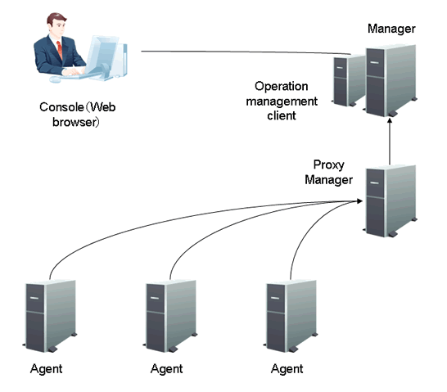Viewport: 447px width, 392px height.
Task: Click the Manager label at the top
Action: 391,29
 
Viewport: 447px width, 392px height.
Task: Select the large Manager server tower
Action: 391,81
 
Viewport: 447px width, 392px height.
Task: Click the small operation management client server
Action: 349,80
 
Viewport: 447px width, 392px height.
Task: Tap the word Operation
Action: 281,86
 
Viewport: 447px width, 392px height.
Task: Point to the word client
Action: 282,115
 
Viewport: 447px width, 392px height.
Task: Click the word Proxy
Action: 328,165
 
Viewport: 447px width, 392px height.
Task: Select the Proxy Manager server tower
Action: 391,201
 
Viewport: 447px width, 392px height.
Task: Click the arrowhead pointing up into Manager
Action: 390,121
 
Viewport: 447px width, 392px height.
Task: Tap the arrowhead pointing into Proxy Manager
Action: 359,201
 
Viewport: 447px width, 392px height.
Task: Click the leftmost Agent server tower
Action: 50,316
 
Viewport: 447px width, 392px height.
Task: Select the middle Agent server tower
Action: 170,316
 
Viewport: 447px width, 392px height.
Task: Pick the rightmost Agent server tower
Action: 291,316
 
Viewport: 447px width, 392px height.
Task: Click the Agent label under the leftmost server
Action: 46,369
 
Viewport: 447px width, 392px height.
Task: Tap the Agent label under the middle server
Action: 166,369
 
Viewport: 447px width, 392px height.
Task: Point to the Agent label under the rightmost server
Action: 287,369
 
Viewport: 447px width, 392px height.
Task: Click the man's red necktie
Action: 60,50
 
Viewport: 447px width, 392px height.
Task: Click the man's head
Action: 56,25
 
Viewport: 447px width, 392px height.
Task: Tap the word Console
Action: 61,107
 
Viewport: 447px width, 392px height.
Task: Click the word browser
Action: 75,123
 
